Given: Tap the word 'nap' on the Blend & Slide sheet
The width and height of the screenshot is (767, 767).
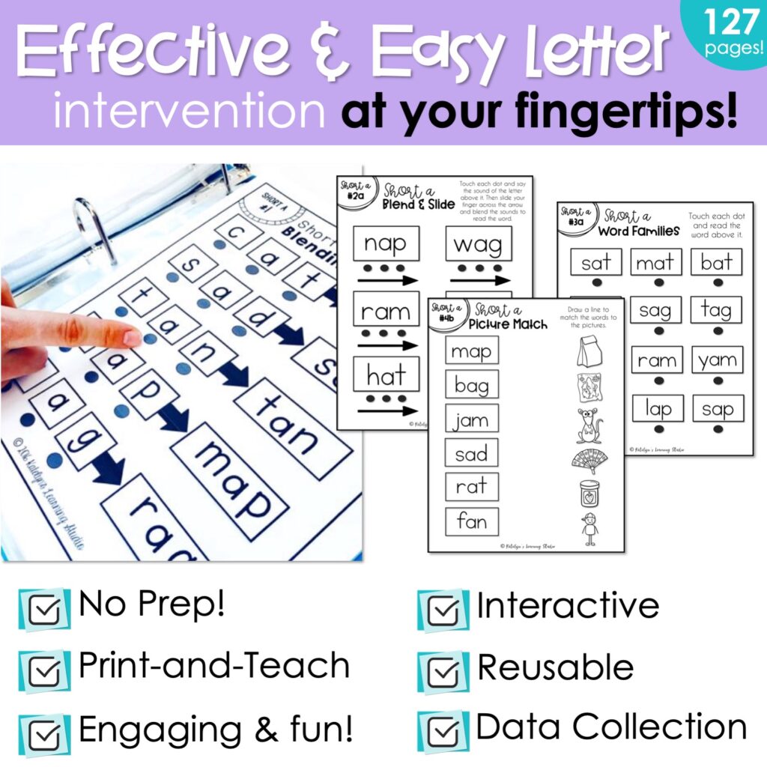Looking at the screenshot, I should [386, 243].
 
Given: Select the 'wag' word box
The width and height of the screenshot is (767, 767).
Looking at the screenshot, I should [478, 243].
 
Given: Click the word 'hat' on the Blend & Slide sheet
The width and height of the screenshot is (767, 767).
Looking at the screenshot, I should [386, 375].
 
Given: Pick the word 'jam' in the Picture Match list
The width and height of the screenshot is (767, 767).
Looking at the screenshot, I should [471, 420].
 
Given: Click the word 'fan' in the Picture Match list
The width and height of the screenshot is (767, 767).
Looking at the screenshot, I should [471, 521].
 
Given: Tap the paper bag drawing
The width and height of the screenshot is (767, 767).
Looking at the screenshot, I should [590, 351].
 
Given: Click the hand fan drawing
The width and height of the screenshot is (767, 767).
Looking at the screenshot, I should [589, 461].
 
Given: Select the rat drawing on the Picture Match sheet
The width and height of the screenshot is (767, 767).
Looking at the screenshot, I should [589, 425].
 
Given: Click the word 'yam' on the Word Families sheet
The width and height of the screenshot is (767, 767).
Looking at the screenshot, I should [717, 360].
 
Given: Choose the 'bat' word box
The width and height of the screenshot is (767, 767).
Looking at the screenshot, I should [717, 262].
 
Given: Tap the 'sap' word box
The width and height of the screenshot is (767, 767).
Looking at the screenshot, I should [717, 409].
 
